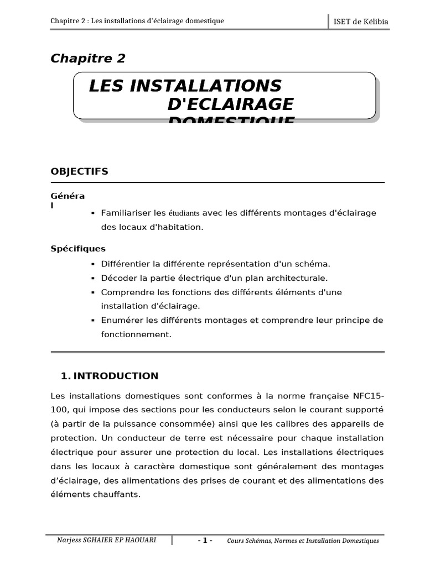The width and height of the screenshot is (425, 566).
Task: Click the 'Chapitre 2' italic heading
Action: [88, 59]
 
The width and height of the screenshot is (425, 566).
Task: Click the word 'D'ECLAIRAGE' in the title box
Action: [230, 104]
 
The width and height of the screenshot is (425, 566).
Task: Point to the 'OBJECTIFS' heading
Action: [79, 171]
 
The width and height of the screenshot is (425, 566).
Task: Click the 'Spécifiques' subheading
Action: [78, 249]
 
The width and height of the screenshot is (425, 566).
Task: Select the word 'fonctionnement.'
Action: [136, 334]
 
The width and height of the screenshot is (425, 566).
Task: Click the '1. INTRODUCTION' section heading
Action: [110, 376]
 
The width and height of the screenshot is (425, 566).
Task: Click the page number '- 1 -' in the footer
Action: [205, 541]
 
